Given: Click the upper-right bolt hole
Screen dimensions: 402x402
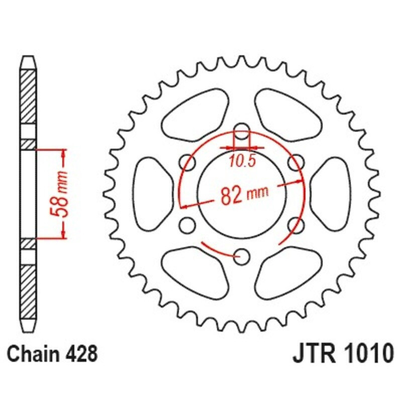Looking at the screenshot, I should point(297,162).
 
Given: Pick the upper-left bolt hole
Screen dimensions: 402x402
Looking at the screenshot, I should point(187,162).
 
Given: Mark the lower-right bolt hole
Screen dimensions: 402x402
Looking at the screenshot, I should point(297,225).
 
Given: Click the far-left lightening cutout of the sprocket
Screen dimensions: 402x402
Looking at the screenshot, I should point(151,193).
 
